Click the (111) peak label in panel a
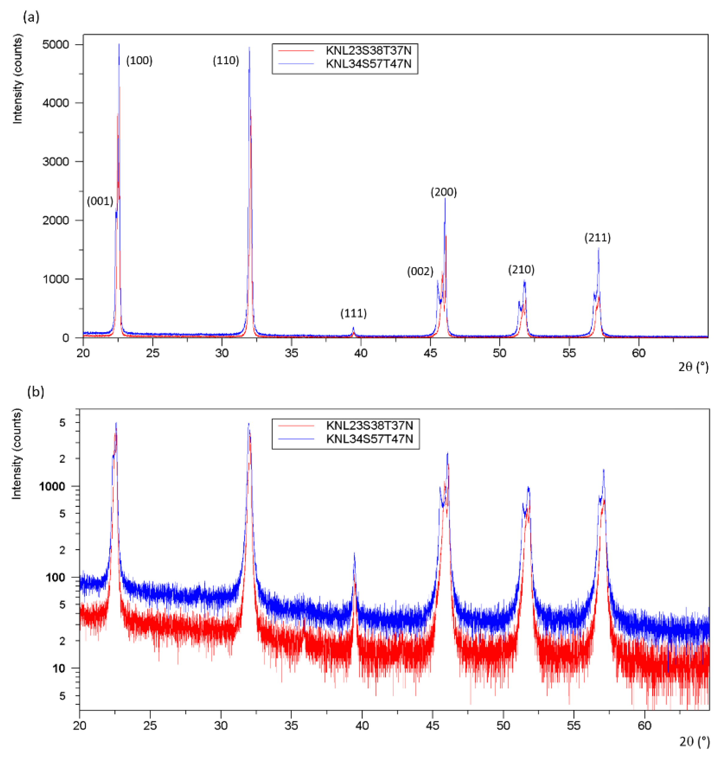point(353,313)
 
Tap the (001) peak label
point(100,201)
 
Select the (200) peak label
point(443,192)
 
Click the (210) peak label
point(521,270)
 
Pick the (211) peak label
point(597,238)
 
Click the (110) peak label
point(226,60)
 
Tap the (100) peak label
point(139,60)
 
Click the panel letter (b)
point(36,392)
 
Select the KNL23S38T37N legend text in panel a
point(368,51)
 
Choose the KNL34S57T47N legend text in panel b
point(369,439)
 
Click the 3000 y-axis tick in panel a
point(56,162)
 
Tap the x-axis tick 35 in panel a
point(291,353)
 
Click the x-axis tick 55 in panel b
point(574,726)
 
